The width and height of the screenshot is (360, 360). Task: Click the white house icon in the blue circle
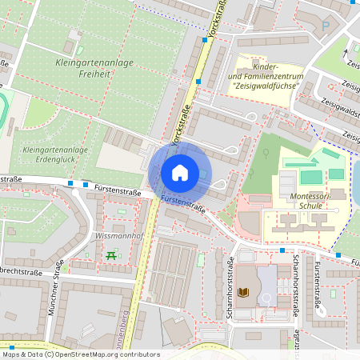[x=180, y=172]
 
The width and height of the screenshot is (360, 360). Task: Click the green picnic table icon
[x=110, y=256]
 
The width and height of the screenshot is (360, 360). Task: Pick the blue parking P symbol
[x=325, y=26]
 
